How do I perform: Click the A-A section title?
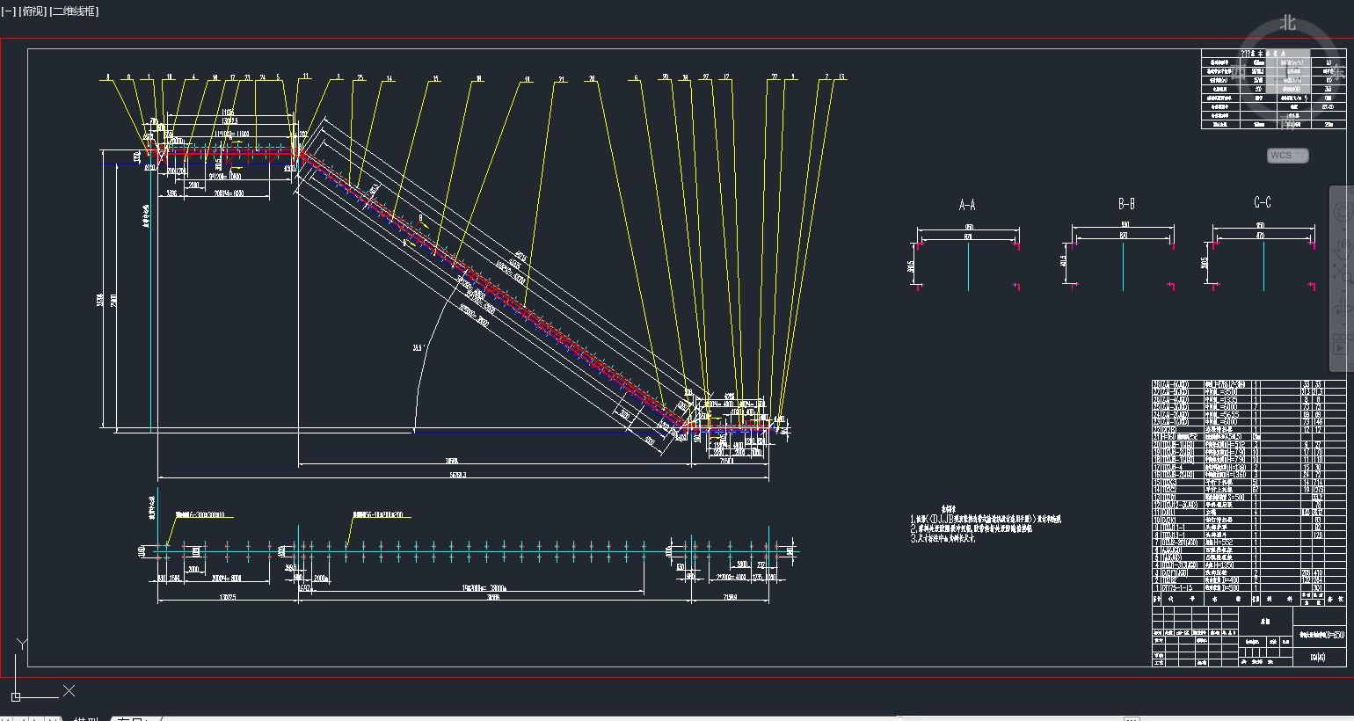(x=967, y=205)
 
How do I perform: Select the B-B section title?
(x=1126, y=204)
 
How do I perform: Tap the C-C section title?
(x=1263, y=203)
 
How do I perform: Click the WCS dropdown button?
(x=1287, y=156)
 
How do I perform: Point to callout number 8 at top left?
(x=108, y=77)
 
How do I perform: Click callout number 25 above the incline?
(x=360, y=78)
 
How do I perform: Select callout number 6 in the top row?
(x=636, y=78)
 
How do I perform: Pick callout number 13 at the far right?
(x=841, y=77)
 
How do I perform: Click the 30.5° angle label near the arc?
(x=417, y=348)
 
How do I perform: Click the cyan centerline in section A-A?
(x=968, y=264)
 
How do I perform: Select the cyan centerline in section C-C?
(x=1263, y=264)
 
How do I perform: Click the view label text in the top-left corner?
(x=50, y=11)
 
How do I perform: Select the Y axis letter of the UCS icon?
(x=21, y=645)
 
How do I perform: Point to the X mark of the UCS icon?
(x=69, y=691)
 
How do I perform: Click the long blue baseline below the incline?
(x=545, y=432)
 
